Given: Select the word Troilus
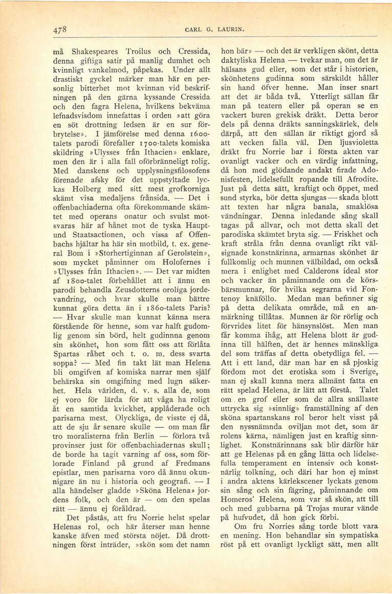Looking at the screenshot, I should pos(138,52).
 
